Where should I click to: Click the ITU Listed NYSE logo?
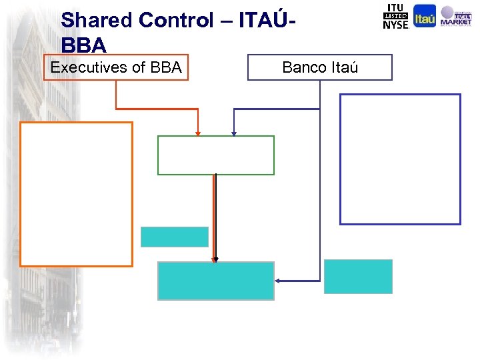(396, 17)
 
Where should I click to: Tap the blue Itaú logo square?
(425, 16)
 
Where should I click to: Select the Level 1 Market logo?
(456, 17)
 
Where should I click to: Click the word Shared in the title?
(97, 21)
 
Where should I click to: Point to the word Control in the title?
(176, 21)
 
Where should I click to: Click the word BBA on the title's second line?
(83, 45)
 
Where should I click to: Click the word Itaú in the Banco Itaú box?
(345, 67)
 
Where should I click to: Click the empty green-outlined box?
(215, 155)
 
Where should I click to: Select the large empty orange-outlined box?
(76, 194)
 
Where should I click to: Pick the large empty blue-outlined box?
(400, 159)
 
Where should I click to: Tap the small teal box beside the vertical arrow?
(174, 237)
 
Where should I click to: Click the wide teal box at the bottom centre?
(215, 281)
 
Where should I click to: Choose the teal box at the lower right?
(358, 277)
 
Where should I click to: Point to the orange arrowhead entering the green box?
(198, 133)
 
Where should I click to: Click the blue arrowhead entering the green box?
(233, 133)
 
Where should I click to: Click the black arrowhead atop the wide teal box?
(215, 259)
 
